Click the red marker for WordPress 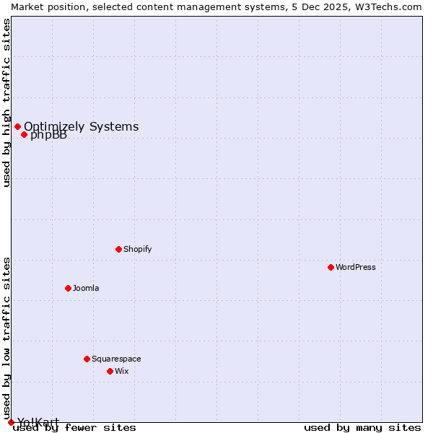[331, 267]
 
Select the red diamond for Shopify [118, 249]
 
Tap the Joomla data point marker [68, 288]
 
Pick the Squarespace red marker [87, 359]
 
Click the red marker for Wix [110, 371]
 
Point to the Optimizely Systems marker [17, 127]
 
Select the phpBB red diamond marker [24, 135]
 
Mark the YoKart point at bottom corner [11, 422]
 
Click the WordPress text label [356, 267]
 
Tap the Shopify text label [137, 249]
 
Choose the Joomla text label [86, 288]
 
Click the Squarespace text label [116, 359]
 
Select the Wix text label [121, 371]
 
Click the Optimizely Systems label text [81, 126]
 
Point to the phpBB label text [49, 136]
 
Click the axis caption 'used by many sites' [362, 428]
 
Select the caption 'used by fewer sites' [74, 428]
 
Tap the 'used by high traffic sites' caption [6, 102]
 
